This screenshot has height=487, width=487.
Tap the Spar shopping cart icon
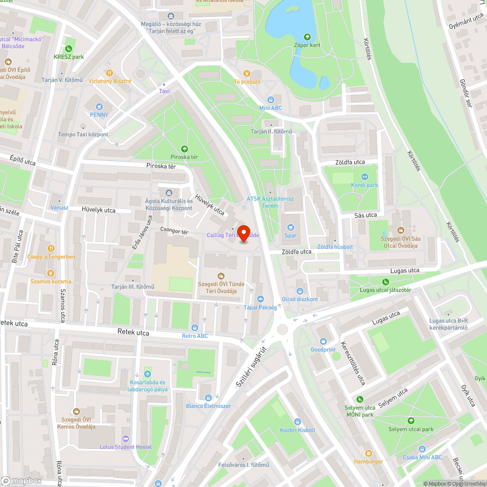(291, 227)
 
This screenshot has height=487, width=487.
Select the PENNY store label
(99, 115)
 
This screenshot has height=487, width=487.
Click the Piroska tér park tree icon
(184, 149)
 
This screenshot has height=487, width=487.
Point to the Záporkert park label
(307, 45)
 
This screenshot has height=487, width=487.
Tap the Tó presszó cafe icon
(247, 73)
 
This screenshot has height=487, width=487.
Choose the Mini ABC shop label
(270, 108)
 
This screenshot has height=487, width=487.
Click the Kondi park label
(364, 185)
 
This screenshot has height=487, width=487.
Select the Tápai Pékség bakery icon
(260, 299)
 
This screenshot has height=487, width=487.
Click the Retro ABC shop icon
(195, 327)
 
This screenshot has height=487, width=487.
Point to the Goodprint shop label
(323, 350)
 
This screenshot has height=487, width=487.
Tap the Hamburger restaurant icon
(369, 453)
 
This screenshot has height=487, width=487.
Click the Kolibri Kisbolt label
(298, 430)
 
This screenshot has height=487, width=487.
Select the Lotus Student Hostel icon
(126, 439)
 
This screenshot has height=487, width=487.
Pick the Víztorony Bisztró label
(110, 81)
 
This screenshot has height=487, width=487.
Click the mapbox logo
(21, 480)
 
